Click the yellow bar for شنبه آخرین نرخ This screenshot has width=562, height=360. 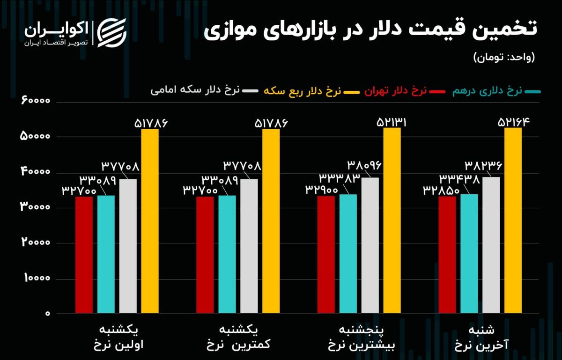(513, 220)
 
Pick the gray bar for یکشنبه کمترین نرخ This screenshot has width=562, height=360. (249, 246)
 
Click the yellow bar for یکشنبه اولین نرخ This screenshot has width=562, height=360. (150, 220)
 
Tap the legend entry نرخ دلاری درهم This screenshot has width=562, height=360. (487, 91)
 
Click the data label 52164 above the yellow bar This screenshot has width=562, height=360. (513, 123)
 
